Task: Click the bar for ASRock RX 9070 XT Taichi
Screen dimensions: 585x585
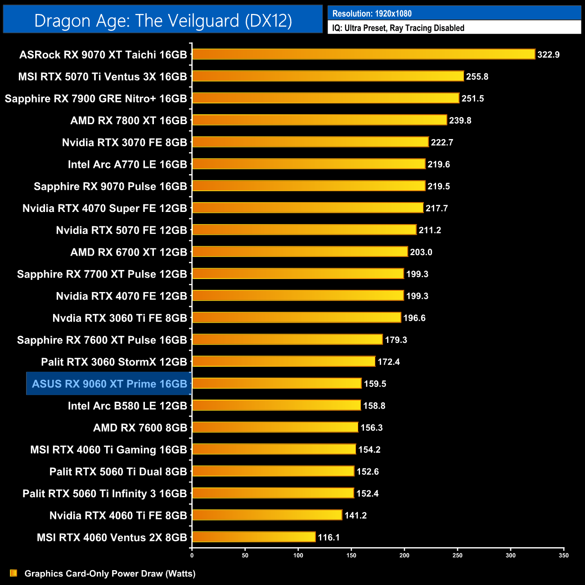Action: pos(364,54)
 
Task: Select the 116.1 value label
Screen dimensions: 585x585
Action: pos(328,537)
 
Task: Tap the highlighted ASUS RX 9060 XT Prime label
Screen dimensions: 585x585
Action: pos(109,384)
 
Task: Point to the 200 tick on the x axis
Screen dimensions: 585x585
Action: pos(405,555)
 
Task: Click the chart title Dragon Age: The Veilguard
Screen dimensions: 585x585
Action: pos(163,21)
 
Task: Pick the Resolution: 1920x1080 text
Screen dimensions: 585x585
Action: pos(372,13)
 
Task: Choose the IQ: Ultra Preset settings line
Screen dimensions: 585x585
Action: pos(398,28)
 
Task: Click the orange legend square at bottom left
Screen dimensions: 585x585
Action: pos(13,573)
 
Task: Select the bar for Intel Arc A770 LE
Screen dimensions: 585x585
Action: pos(309,164)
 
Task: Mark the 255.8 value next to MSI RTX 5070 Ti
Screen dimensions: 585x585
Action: pos(477,76)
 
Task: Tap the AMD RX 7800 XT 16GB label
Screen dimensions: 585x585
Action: pos(128,121)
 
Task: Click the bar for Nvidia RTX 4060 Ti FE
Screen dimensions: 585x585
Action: pos(267,515)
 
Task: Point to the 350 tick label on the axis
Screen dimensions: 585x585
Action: pos(564,555)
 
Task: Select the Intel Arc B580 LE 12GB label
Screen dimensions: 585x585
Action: pos(127,406)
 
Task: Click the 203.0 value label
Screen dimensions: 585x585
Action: pos(421,252)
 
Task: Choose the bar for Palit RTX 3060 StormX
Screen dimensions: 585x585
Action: pos(283,362)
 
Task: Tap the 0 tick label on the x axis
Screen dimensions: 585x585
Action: pos(192,555)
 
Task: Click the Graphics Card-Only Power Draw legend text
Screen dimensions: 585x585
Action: pos(110,573)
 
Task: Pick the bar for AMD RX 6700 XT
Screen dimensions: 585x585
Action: pos(300,252)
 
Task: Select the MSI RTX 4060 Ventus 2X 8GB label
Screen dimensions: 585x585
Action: pos(112,537)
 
